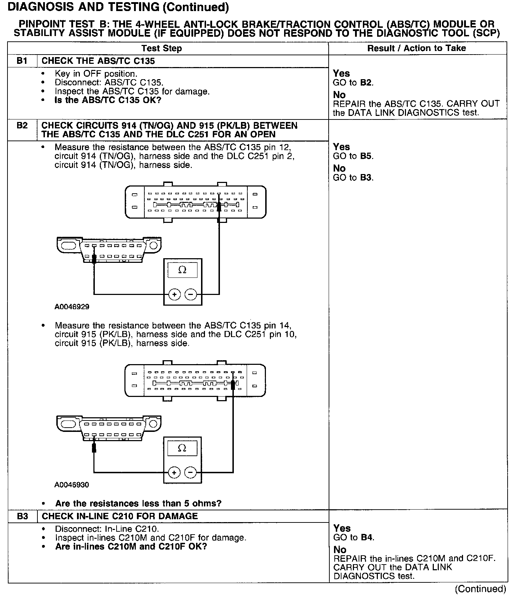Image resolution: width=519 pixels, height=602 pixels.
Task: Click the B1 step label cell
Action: pos(22,61)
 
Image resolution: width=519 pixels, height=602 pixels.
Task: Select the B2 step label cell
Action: pos(22,126)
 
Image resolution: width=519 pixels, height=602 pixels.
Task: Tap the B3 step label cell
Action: pos(22,516)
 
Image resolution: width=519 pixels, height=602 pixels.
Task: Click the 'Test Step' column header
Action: pos(161,49)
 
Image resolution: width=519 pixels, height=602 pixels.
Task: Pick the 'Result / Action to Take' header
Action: pos(416,48)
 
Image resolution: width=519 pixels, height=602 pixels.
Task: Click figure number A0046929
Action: pos(72,307)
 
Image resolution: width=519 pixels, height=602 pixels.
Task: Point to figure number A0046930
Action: pos(72,485)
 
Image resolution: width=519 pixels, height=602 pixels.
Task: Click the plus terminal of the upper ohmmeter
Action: pos(174,295)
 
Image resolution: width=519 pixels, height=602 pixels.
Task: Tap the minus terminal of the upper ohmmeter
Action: pos(191,295)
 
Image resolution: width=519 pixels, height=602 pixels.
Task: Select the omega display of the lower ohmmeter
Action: pos(182,448)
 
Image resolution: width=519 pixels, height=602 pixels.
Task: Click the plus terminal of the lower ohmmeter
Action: pos(174,473)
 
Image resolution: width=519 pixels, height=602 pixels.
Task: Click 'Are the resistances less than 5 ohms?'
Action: pos(138,504)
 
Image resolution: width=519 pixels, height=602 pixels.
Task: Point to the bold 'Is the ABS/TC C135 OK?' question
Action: pos(108,100)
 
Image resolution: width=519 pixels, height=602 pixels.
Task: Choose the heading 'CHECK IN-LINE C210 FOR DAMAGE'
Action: pos(120,516)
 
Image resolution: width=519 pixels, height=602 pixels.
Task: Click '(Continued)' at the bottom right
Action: pos(480,589)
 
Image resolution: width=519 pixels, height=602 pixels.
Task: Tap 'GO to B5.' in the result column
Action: pos(353,156)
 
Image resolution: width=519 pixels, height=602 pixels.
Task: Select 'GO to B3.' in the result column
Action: pos(353,178)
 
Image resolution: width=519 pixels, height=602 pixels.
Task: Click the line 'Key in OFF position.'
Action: pos(96,74)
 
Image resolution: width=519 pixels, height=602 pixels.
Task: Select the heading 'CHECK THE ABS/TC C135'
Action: pos(98,61)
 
